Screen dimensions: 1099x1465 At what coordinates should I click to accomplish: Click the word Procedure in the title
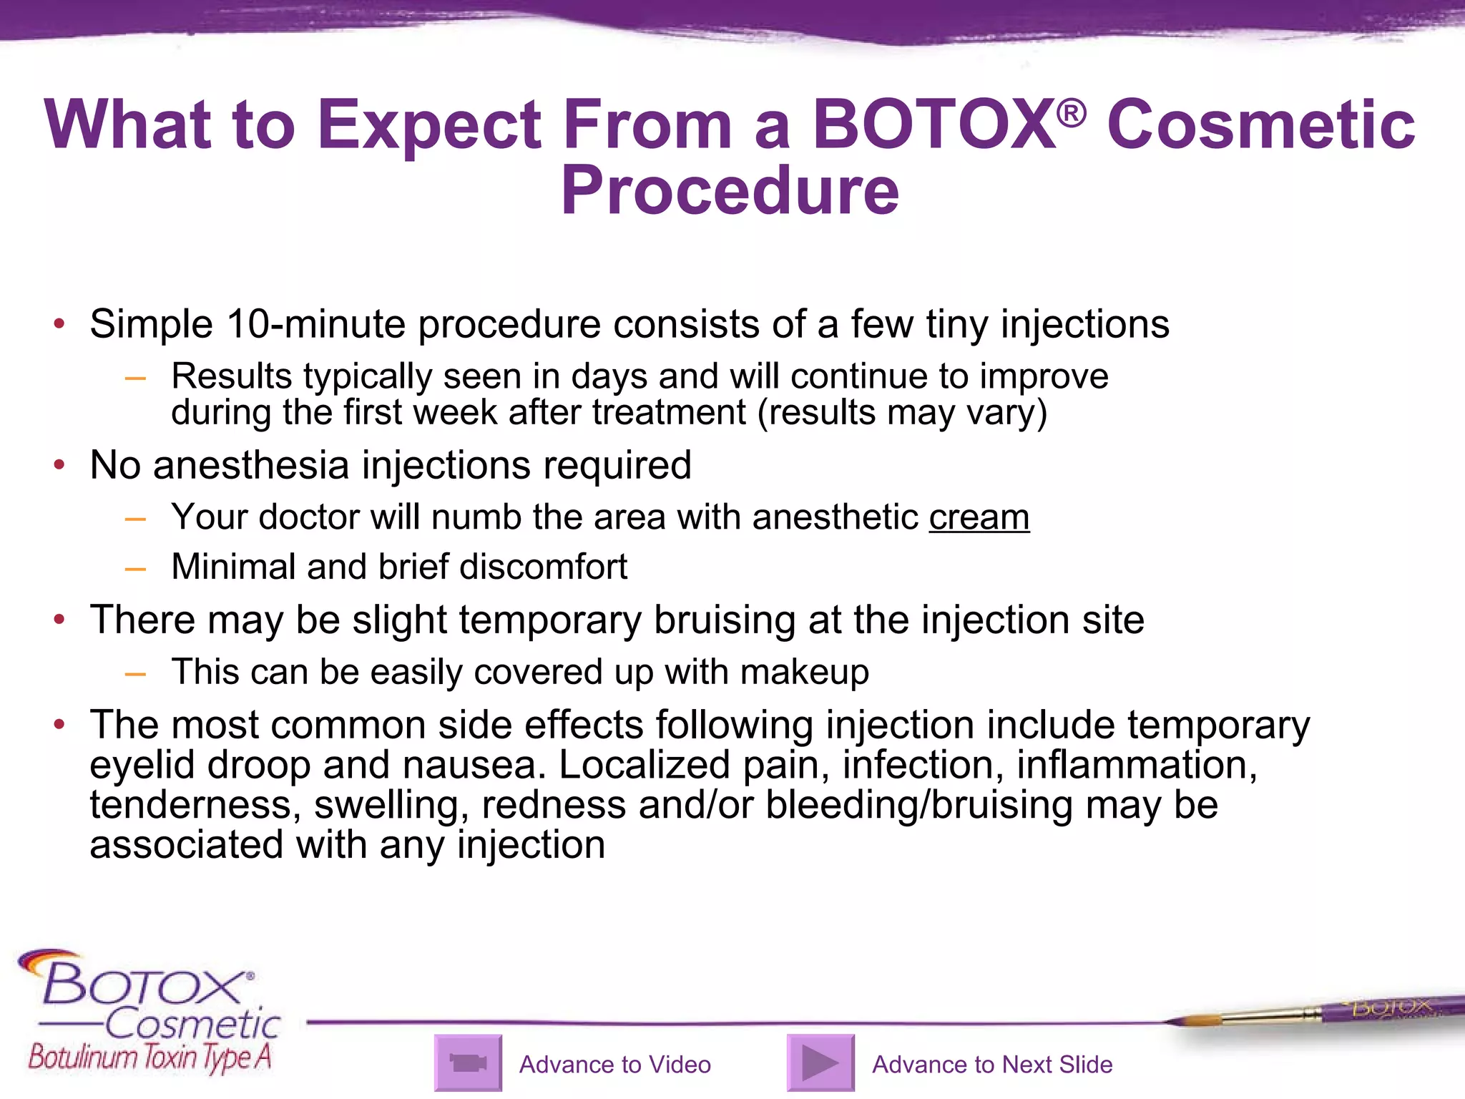[729, 191]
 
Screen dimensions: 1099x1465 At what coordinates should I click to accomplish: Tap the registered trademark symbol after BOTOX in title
[1071, 113]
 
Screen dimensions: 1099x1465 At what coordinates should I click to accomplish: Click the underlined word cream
[979, 517]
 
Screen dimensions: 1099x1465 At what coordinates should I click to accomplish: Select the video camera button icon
[468, 1063]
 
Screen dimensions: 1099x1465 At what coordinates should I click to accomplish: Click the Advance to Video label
[614, 1065]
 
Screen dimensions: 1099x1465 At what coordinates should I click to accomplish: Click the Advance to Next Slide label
[991, 1065]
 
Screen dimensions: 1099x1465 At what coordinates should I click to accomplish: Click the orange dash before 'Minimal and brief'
[135, 569]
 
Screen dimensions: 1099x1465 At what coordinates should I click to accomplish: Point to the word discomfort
[543, 567]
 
